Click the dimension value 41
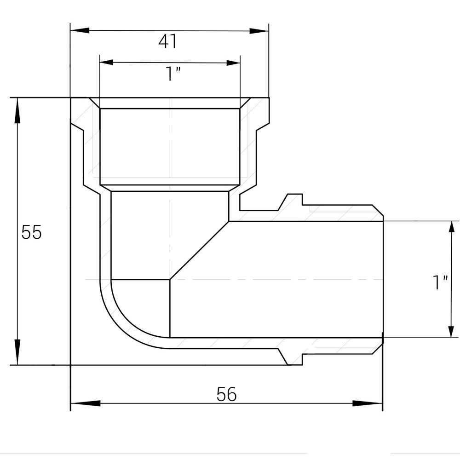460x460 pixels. click(x=167, y=42)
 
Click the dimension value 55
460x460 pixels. click(x=31, y=232)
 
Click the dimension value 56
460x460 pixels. click(x=226, y=394)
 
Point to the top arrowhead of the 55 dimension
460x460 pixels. click(x=17, y=110)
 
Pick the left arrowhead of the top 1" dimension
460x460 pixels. click(x=107, y=62)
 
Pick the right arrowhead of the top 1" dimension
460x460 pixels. click(x=233, y=62)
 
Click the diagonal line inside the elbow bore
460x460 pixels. click(x=200, y=251)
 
